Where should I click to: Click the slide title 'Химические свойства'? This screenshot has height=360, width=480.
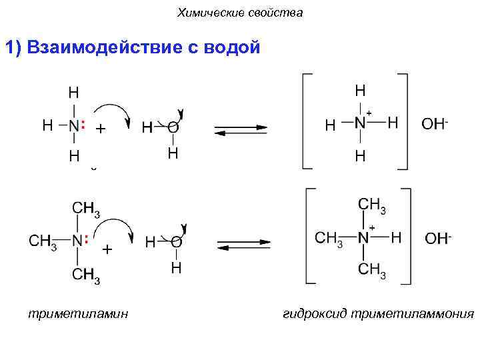[x=240, y=13]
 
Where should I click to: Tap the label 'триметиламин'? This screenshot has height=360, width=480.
[x=78, y=313]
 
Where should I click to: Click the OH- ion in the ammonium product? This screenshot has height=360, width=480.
[x=435, y=124]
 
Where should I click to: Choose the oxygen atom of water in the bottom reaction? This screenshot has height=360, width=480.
[x=176, y=241]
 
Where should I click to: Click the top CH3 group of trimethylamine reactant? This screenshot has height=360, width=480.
[x=86, y=210]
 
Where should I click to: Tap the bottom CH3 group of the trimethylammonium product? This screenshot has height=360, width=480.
[x=371, y=271]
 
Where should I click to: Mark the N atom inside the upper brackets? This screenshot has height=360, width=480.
[x=360, y=123]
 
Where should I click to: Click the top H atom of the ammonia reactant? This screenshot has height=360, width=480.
[x=73, y=91]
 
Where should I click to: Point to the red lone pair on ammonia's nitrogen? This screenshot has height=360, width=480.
[x=83, y=125]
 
